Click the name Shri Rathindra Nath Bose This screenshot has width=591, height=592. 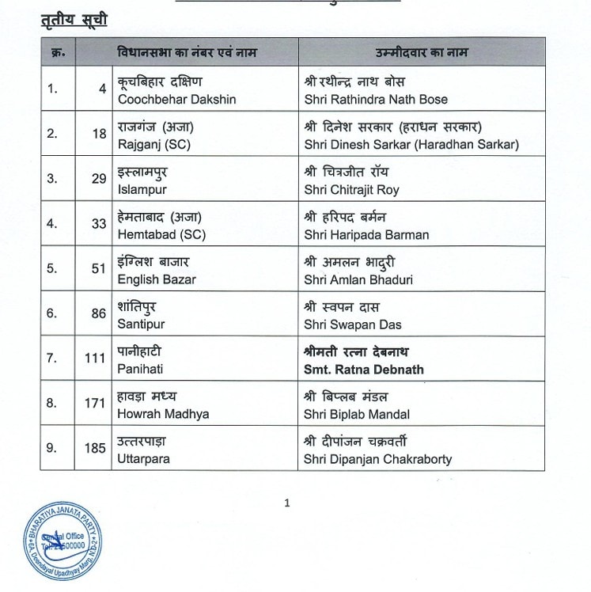[x=376, y=99]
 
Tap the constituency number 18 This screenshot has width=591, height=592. [x=99, y=134]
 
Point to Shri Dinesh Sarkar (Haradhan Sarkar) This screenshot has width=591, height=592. [x=411, y=145]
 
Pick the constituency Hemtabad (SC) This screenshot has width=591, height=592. [x=157, y=234]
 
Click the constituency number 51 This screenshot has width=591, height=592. [x=98, y=268]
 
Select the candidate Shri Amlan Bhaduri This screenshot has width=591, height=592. [x=358, y=279]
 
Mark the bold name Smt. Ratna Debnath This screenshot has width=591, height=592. [x=364, y=370]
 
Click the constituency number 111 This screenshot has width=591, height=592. [x=95, y=359]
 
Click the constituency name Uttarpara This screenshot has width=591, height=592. [x=143, y=459]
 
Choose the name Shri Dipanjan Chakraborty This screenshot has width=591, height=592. [x=378, y=459]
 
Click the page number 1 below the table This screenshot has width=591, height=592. [x=287, y=502]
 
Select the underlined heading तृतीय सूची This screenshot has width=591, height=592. [x=74, y=19]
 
